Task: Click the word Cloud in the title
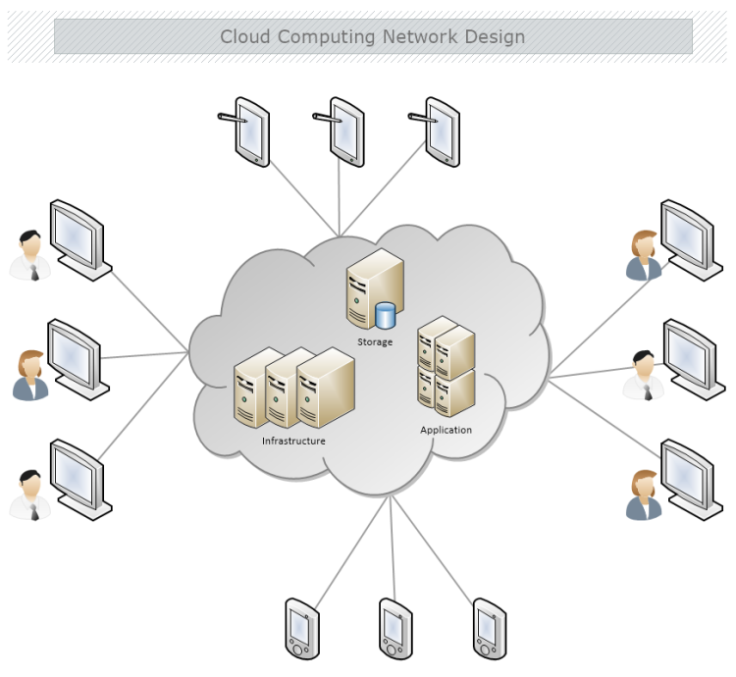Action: coord(245,37)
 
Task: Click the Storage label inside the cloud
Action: coord(375,342)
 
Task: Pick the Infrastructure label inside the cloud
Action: coord(293,442)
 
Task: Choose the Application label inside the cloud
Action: coord(446,430)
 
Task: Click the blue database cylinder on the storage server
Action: coord(385,316)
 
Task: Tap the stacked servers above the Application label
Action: coord(447,366)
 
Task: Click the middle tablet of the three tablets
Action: coord(347,130)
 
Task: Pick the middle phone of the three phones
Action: coord(394,628)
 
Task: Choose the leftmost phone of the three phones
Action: coord(300,628)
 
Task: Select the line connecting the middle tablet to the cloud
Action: coord(340,201)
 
